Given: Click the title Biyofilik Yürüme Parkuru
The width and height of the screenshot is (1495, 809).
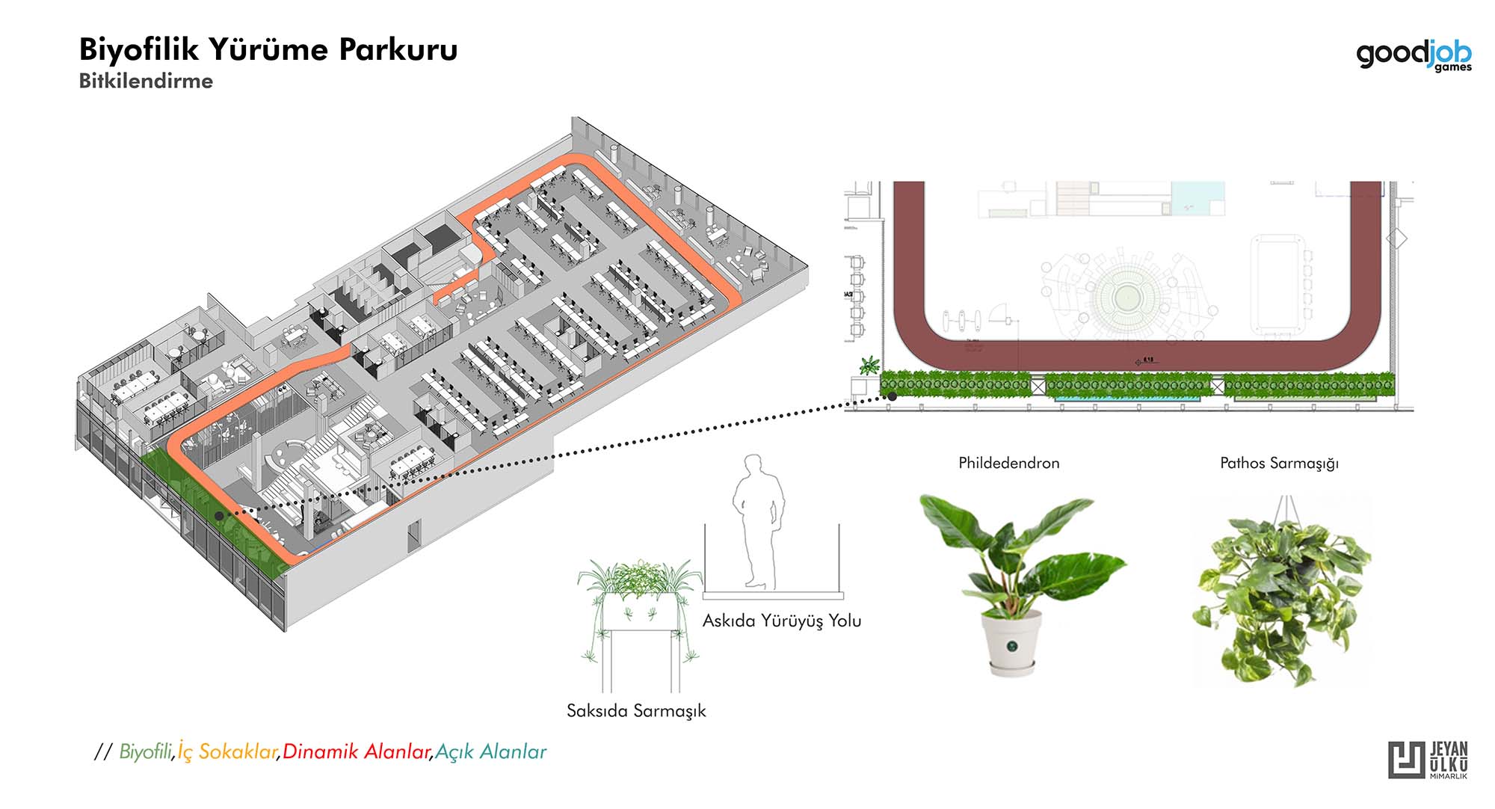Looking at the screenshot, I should [268, 49].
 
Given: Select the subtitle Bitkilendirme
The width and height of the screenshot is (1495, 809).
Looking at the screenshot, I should [146, 81].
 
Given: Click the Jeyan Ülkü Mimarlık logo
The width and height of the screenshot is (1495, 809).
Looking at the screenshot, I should [1428, 760].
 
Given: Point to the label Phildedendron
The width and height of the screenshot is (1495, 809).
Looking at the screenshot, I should [1008, 463].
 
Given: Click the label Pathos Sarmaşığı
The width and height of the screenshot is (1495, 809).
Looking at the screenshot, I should [1279, 463].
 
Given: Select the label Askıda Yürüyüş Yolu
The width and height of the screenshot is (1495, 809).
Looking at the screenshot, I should [781, 621].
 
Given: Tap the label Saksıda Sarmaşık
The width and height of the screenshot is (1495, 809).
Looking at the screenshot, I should [635, 710].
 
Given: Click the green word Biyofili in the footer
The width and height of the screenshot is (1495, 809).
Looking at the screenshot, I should [146, 751].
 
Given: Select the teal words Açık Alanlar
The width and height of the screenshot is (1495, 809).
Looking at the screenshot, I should [490, 751].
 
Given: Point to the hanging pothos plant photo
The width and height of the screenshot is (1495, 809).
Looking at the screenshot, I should [1282, 594].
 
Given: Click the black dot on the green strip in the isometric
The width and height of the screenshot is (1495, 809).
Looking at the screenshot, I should [218, 515].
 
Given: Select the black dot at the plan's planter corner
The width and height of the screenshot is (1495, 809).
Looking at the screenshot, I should [892, 397].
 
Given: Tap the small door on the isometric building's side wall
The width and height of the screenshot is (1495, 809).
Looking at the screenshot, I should [414, 537].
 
